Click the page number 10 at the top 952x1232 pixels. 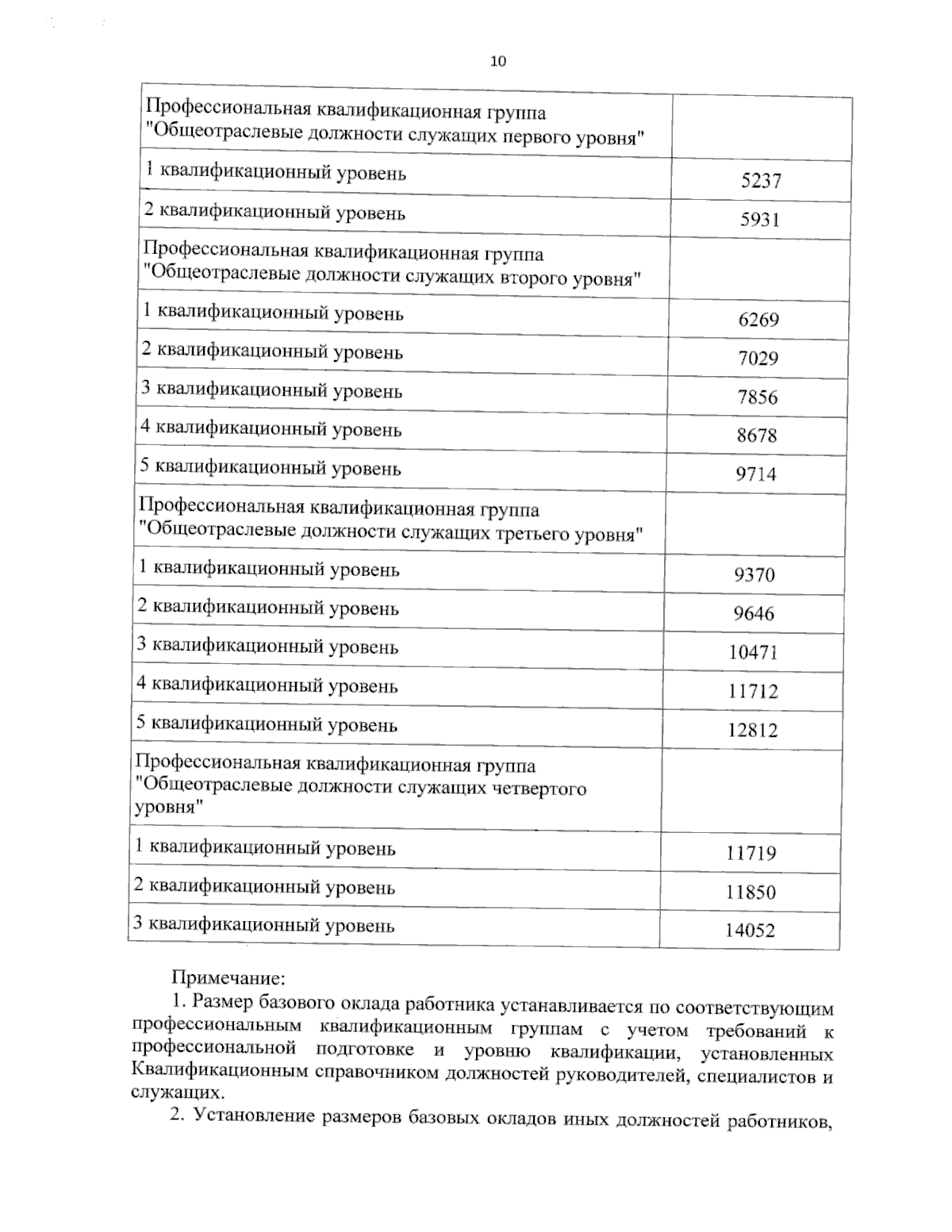[x=498, y=62]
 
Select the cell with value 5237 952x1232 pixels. [x=761, y=181]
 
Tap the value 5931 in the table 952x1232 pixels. [x=760, y=220]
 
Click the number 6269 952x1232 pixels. [x=758, y=320]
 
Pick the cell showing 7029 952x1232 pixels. [x=758, y=359]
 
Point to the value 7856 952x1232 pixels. [x=758, y=397]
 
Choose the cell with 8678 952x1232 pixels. [x=757, y=436]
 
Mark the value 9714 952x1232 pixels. [x=756, y=474]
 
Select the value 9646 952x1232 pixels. [x=754, y=613]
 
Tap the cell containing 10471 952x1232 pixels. [x=754, y=652]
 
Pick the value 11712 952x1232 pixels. [x=753, y=691]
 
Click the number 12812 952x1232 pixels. [x=753, y=730]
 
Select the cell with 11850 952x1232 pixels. [x=750, y=892]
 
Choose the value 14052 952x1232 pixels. [x=750, y=931]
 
